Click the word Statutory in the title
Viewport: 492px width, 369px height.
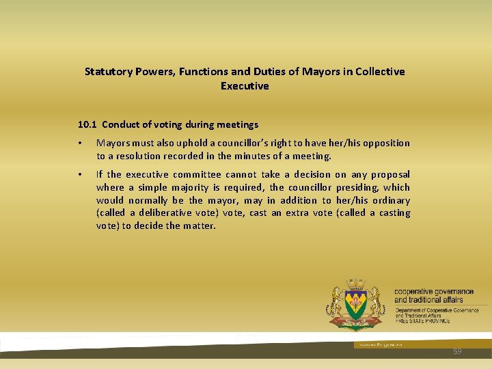tap(107, 72)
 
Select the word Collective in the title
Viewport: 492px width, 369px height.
tap(379, 72)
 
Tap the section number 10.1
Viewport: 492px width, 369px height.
tap(87, 124)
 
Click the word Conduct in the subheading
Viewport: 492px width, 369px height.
tap(121, 124)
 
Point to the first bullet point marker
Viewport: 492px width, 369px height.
tap(81, 143)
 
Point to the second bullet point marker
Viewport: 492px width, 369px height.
tap(81, 175)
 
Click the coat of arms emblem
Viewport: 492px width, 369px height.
tap(356, 305)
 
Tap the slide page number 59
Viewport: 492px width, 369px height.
tap(457, 351)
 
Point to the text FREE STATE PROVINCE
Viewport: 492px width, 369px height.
tap(422, 321)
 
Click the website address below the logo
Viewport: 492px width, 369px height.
tap(372, 345)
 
